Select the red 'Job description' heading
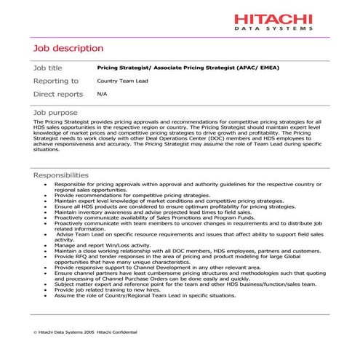click(68, 49)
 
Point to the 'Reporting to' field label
click(56, 81)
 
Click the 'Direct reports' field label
click(58, 95)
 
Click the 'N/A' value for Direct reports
click(102, 95)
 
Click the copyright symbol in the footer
click(36, 332)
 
